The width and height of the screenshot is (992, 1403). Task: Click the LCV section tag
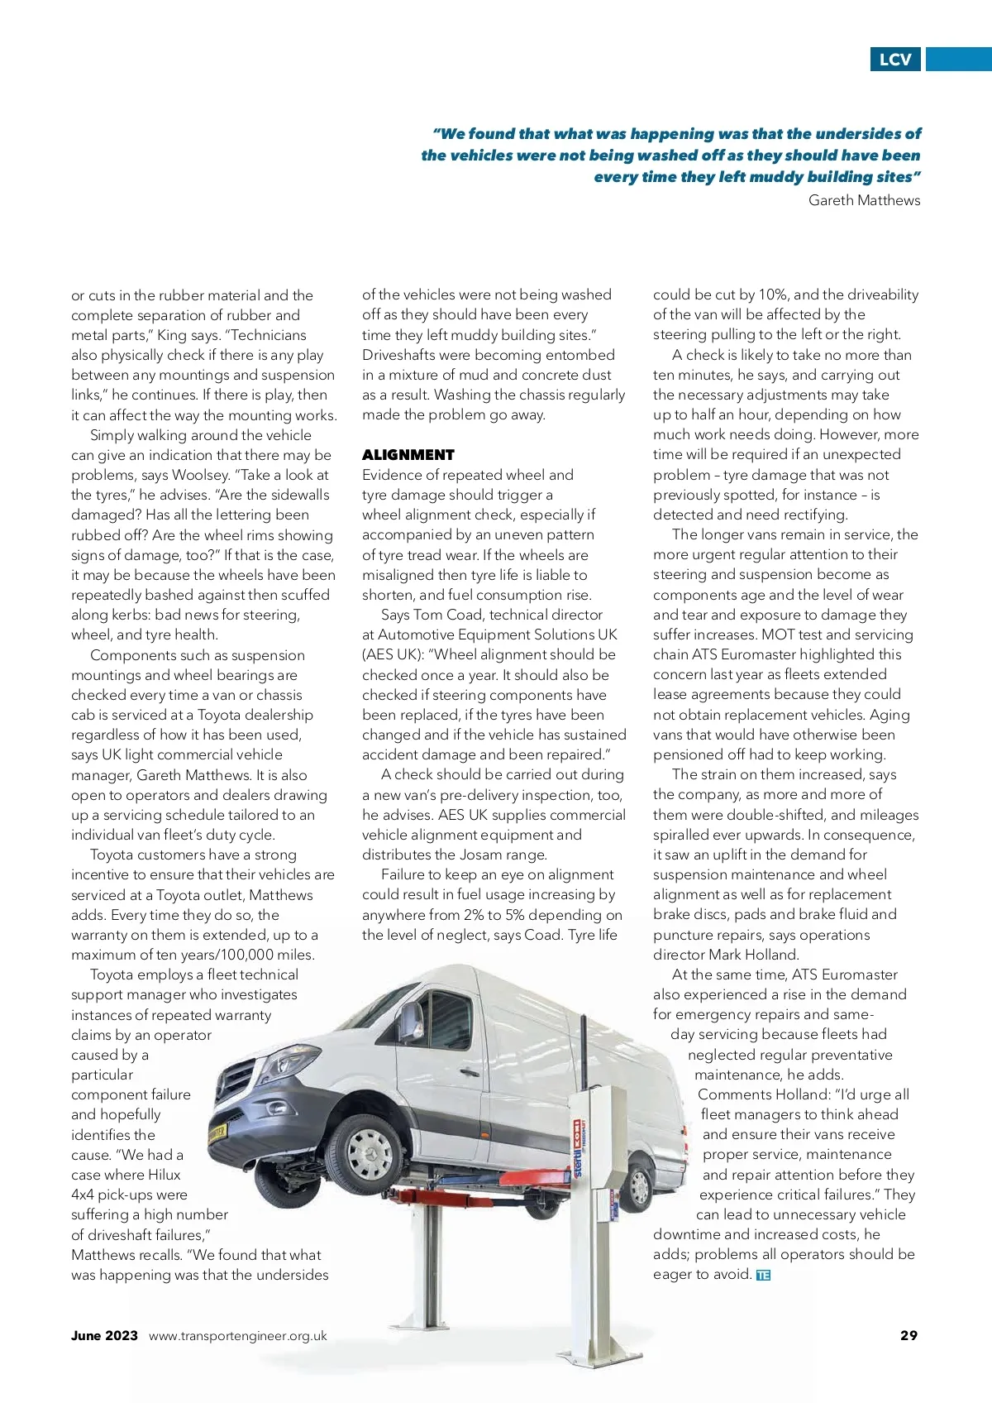coord(895,60)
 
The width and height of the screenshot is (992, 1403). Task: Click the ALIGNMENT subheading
coord(408,454)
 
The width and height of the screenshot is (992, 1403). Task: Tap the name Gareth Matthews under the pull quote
coord(864,200)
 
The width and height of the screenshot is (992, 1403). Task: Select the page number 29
coord(909,1334)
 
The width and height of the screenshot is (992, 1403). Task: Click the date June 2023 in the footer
coord(104,1335)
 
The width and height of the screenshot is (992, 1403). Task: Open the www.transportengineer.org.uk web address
coord(238,1335)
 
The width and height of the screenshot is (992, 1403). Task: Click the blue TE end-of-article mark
coord(763,1275)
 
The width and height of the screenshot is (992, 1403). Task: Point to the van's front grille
coord(239,1085)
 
